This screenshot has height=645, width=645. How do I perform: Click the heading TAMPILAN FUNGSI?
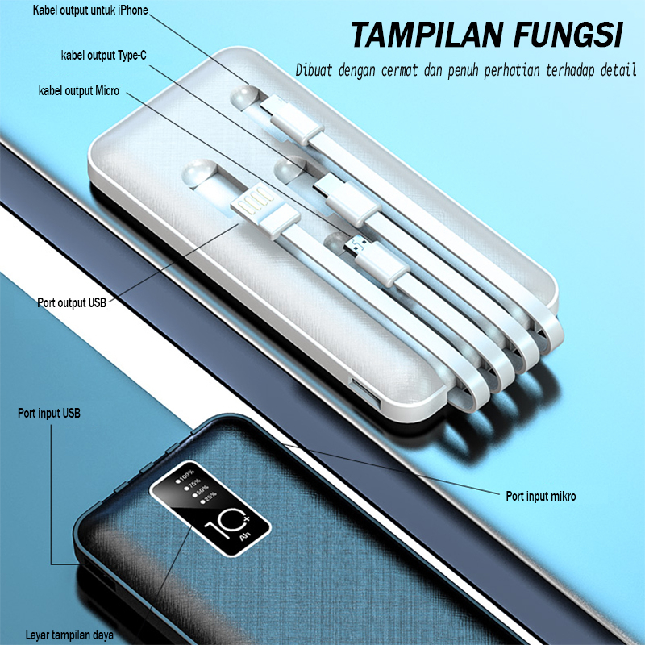[x=486, y=35]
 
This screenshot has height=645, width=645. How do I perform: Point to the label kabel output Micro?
[x=78, y=91]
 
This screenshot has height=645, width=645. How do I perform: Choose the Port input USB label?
[x=49, y=414]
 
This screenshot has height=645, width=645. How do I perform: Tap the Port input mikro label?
[x=540, y=496]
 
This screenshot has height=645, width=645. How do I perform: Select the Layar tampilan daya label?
[x=69, y=635]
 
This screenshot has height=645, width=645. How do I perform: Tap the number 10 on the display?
[x=223, y=532]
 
